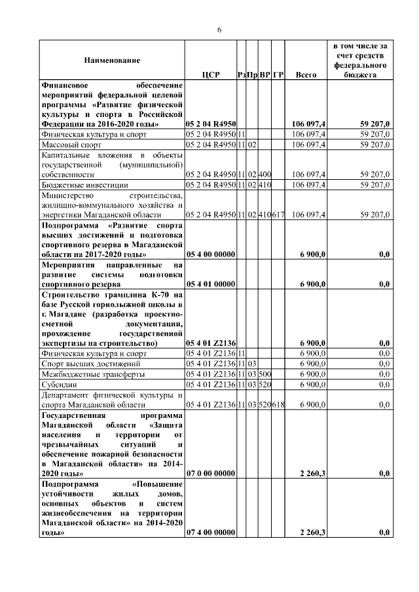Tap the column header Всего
coord(306,75)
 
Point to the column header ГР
coord(278,75)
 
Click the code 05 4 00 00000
coord(211,254)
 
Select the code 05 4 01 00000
coord(211,284)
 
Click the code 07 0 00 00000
coord(211,473)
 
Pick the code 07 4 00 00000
coord(211,533)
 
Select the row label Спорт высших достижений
coord(86,364)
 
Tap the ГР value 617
coord(278,215)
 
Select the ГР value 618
coord(278,406)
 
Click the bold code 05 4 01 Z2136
coord(211,343)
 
